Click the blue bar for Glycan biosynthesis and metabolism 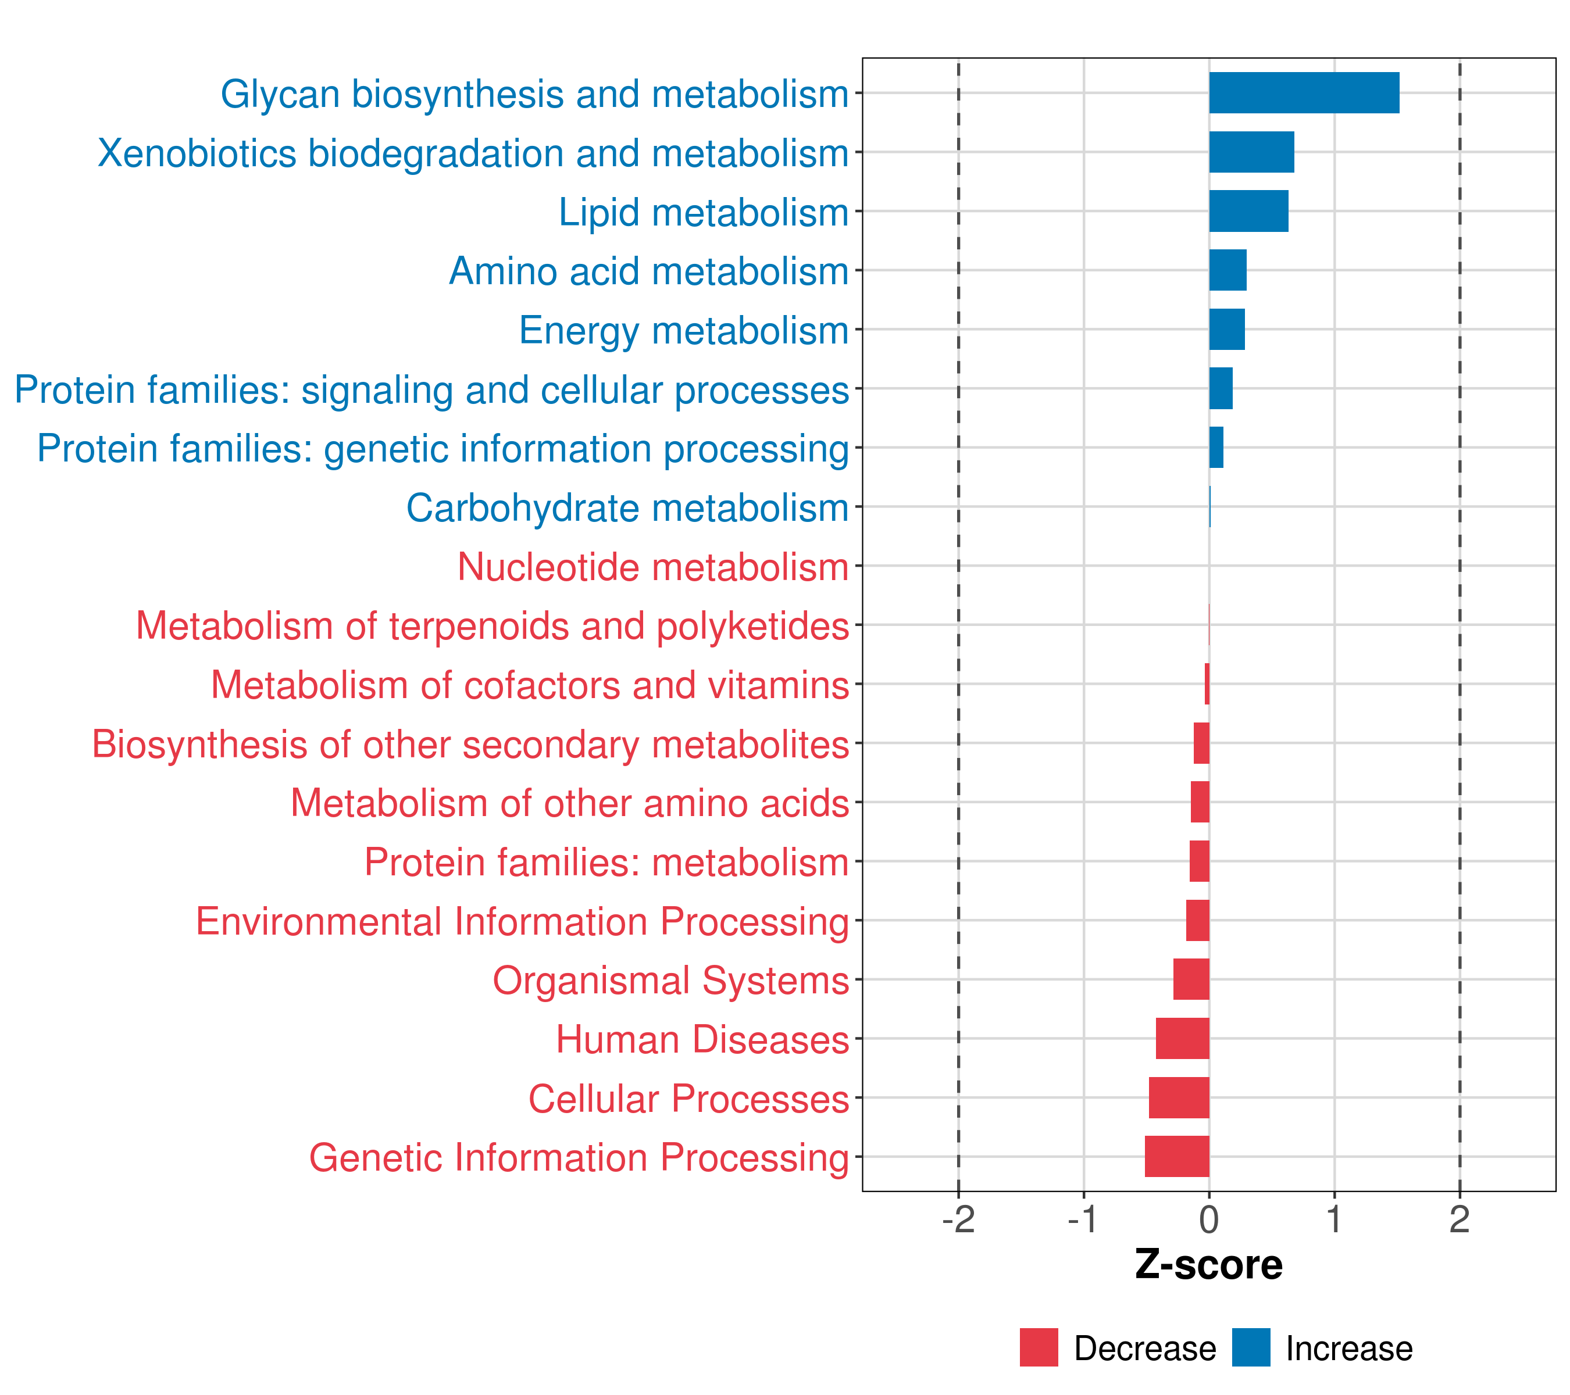pyautogui.click(x=1304, y=93)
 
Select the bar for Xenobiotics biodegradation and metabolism pyautogui.click(x=1251, y=152)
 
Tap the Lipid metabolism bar pyautogui.click(x=1248, y=211)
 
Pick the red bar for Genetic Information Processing pyautogui.click(x=1177, y=1156)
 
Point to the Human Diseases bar pyautogui.click(x=1182, y=1038)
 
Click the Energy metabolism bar pyautogui.click(x=1227, y=330)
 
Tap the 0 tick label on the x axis pyautogui.click(x=1209, y=1220)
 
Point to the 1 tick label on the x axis pyautogui.click(x=1334, y=1220)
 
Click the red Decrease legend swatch pyautogui.click(x=1039, y=1347)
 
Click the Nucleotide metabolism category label pyautogui.click(x=653, y=567)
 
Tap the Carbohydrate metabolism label pyautogui.click(x=627, y=508)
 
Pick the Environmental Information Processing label pyautogui.click(x=522, y=921)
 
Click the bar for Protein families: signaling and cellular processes pyautogui.click(x=1221, y=388)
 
